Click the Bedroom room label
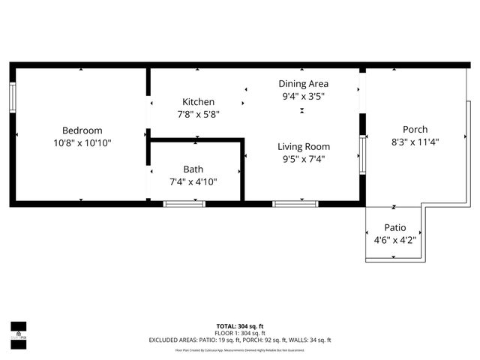[x=82, y=130]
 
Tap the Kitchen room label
[x=198, y=102]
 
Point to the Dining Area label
[x=303, y=84]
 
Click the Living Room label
[x=303, y=146]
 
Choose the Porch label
[x=415, y=129]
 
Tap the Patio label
[x=394, y=227]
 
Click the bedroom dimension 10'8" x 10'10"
[x=82, y=142]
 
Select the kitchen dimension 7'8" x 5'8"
[x=198, y=114]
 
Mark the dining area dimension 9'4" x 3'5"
[x=303, y=96]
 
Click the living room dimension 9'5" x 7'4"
[x=303, y=158]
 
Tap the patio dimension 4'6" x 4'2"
[x=394, y=240]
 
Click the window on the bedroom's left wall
[x=13, y=97]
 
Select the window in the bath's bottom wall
[x=184, y=202]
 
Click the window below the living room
[x=294, y=202]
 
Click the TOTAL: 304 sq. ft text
[x=239, y=326]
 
